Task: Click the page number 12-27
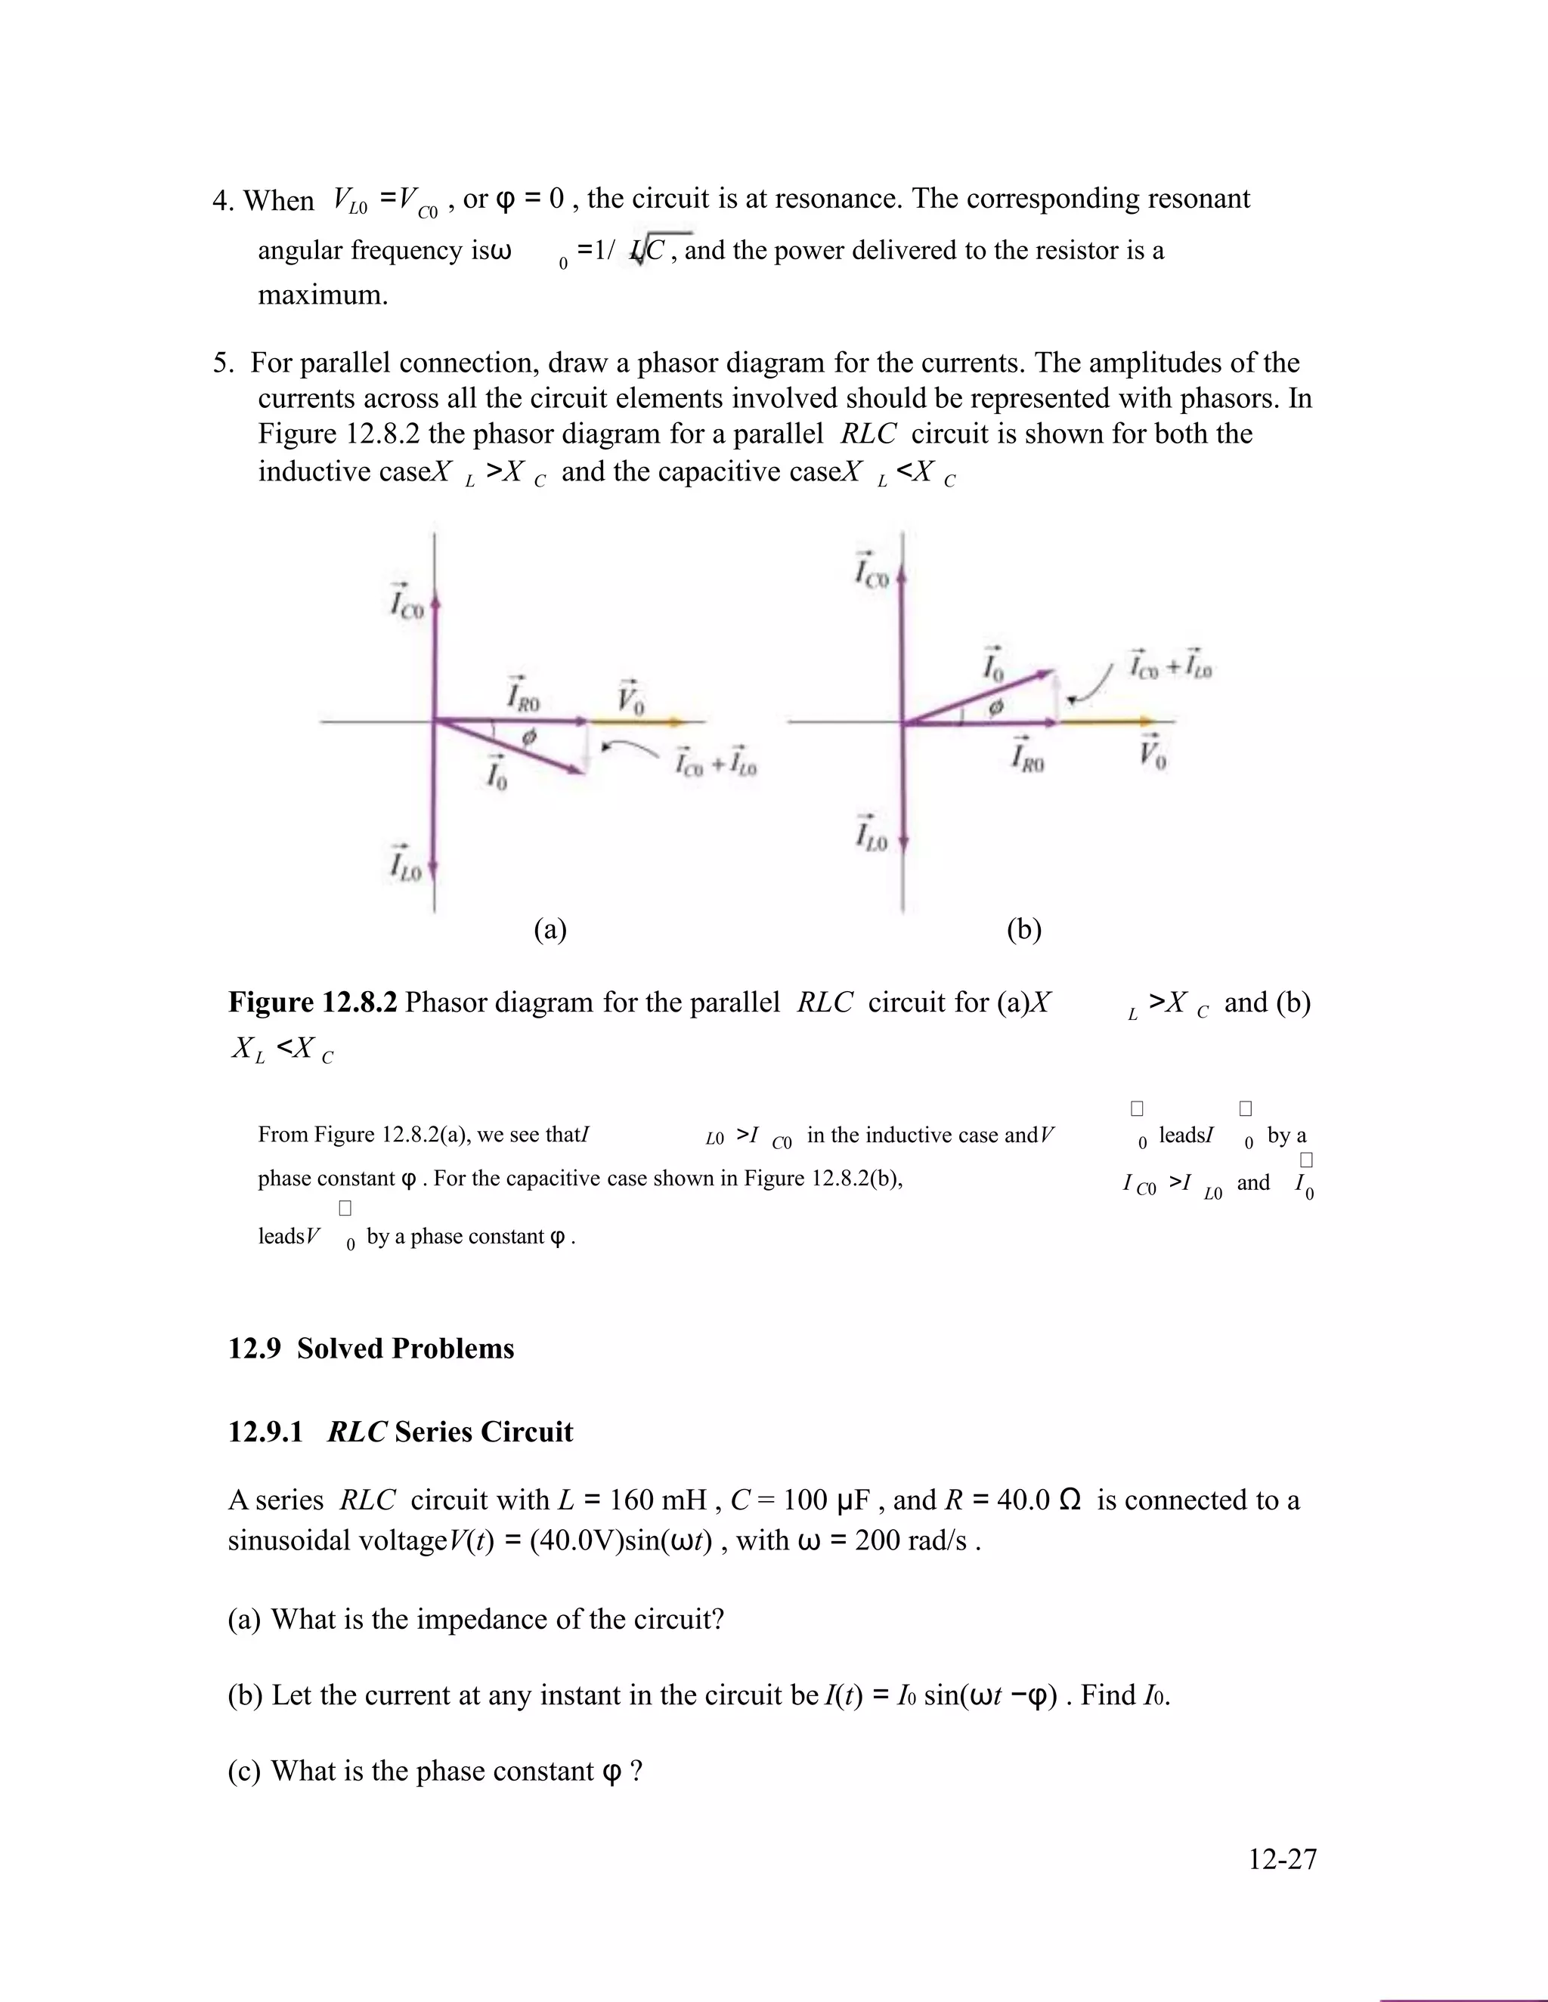[1281, 1859]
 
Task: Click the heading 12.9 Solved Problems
[370, 1349]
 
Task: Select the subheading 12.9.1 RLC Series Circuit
[400, 1432]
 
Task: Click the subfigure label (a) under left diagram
[550, 929]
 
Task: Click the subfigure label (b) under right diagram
[1023, 929]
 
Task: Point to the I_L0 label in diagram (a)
[404, 864]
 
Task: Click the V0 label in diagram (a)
[630, 700]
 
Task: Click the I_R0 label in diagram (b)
[1027, 757]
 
